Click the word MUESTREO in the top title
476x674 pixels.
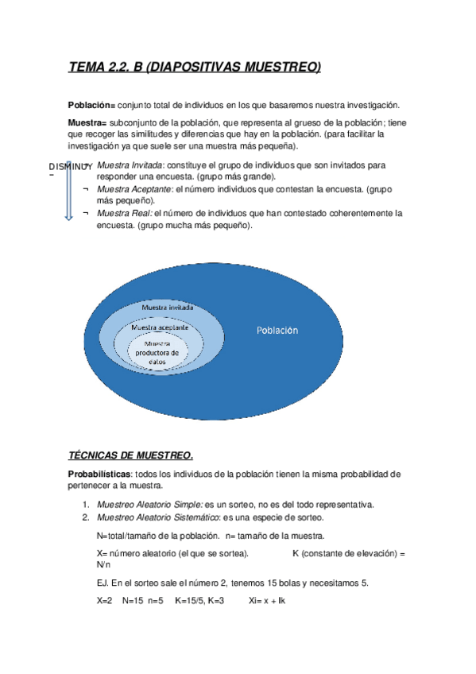(x=281, y=68)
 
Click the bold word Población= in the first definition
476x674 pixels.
(x=91, y=106)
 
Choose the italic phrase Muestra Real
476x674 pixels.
(x=122, y=214)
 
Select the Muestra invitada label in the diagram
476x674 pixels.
(x=167, y=308)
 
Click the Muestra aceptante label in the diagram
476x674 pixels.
(x=159, y=327)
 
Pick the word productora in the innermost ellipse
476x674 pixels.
(x=157, y=352)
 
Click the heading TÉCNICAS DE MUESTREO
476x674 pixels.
(x=130, y=455)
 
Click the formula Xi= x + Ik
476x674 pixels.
(x=267, y=601)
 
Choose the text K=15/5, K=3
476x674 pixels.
(x=199, y=601)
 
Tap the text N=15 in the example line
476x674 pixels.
(x=131, y=601)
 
